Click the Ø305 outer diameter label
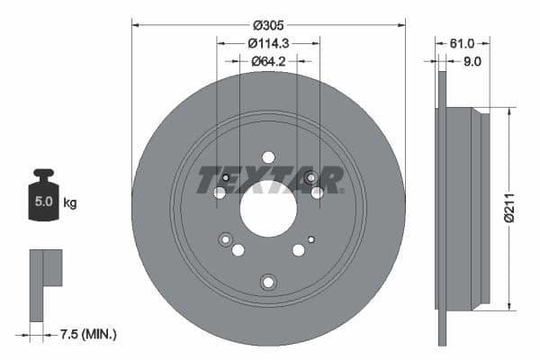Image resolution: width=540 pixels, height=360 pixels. pyautogui.click(x=268, y=25)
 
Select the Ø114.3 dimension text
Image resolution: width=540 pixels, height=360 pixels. pyautogui.click(x=268, y=42)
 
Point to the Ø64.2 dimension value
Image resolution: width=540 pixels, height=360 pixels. pyautogui.click(x=268, y=60)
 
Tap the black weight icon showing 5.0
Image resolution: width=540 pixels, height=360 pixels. pyautogui.click(x=43, y=198)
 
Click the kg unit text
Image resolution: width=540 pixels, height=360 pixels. pyautogui.click(x=70, y=203)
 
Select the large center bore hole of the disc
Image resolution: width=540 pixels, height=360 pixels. pyautogui.click(x=267, y=210)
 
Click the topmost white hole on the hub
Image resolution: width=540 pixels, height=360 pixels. pyautogui.click(x=267, y=157)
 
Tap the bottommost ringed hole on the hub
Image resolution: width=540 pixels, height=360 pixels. pyautogui.click(x=267, y=283)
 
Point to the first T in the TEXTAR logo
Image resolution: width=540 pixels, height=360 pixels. pyautogui.click(x=206, y=179)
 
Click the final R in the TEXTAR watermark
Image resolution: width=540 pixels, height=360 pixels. pyautogui.click(x=330, y=179)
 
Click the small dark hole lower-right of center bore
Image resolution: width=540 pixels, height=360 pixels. pyautogui.click(x=310, y=239)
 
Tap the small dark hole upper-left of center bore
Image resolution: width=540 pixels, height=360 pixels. pyautogui.click(x=225, y=178)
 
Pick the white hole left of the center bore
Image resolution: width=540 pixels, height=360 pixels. pyautogui.click(x=220, y=193)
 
